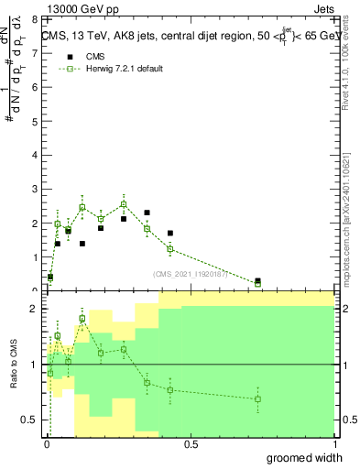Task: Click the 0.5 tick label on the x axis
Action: [x=191, y=444]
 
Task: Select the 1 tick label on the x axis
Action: [x=334, y=444]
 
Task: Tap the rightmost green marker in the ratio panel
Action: [x=258, y=399]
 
